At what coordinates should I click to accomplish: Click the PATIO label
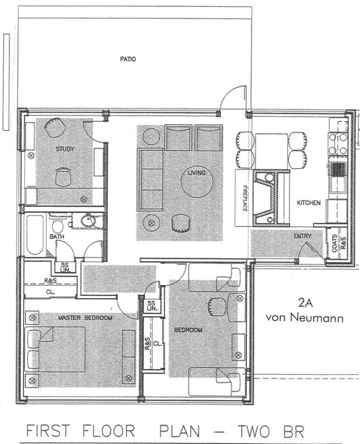click(x=128, y=59)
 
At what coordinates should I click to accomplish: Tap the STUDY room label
click(x=65, y=149)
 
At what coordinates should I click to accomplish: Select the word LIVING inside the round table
click(x=196, y=173)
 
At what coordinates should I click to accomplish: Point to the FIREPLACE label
click(x=245, y=198)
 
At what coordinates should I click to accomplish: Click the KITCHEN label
click(x=309, y=203)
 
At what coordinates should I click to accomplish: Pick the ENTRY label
click(x=302, y=236)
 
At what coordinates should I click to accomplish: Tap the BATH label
click(x=57, y=237)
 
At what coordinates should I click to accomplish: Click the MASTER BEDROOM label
click(x=85, y=318)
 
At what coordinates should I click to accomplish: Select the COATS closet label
click(x=335, y=243)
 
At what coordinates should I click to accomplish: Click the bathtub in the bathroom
click(x=35, y=235)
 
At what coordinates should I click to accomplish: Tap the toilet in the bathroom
click(x=58, y=224)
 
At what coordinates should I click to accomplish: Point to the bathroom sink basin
click(x=88, y=221)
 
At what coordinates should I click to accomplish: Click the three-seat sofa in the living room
click(x=150, y=180)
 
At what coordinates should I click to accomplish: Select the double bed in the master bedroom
click(x=55, y=349)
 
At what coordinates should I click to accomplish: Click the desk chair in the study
click(x=63, y=177)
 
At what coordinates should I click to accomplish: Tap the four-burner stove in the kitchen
click(x=338, y=144)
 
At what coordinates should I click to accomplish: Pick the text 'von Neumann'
click(x=305, y=318)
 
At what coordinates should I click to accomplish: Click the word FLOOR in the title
click(x=109, y=431)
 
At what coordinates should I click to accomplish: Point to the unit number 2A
click(x=305, y=303)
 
